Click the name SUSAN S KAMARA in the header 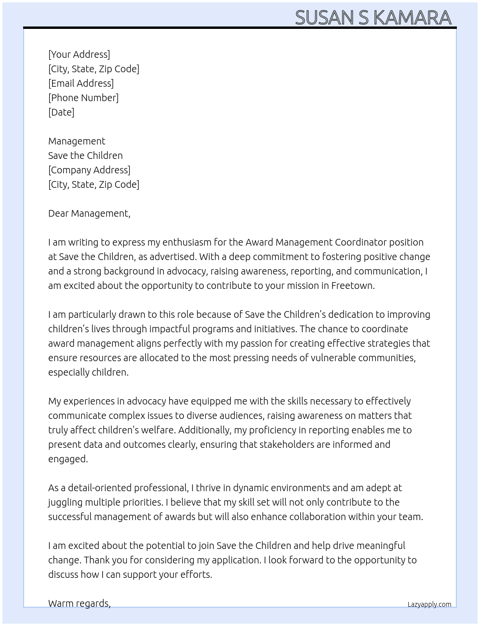[373, 17]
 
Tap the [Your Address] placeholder [79, 54]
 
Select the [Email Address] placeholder [81, 83]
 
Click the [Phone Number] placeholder [83, 98]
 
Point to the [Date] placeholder [61, 112]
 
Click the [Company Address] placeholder [89, 170]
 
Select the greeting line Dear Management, [89, 213]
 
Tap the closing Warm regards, [80, 603]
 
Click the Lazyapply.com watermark [429, 604]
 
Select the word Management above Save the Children [77, 141]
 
